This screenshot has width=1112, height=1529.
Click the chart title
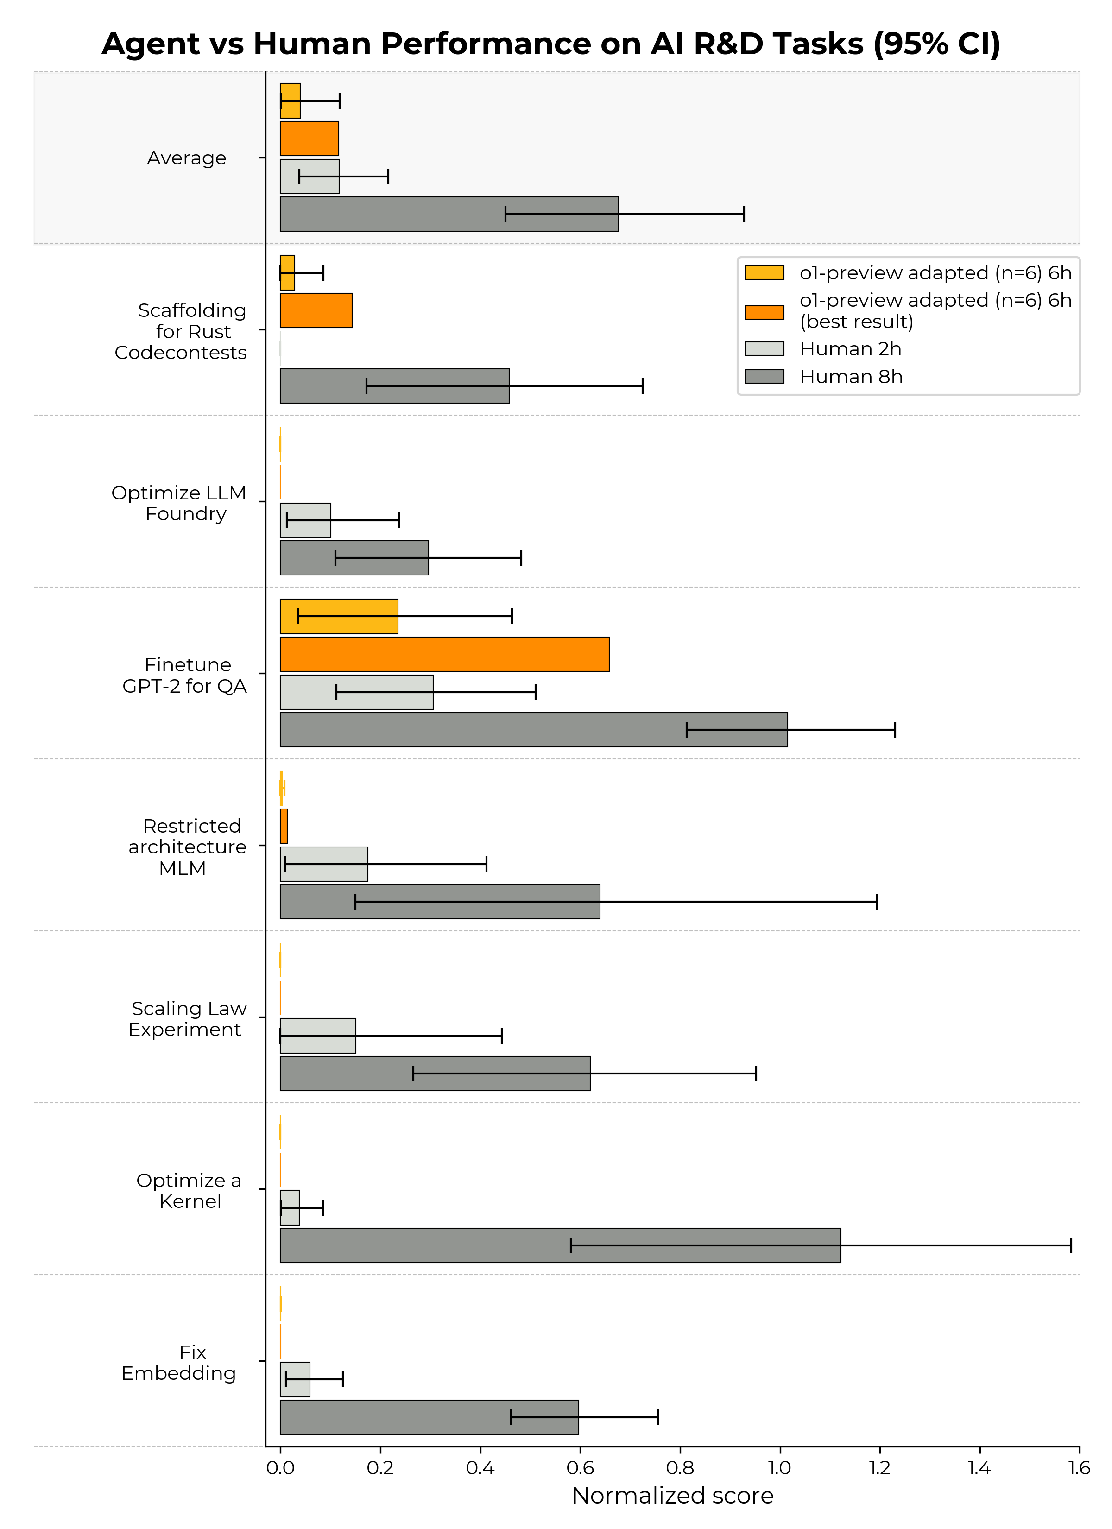(550, 44)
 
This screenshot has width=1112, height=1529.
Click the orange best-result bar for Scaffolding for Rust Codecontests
(316, 310)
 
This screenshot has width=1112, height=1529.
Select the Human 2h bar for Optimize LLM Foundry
(305, 520)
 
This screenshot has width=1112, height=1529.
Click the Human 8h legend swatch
(764, 376)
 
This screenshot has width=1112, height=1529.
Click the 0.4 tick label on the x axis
(480, 1468)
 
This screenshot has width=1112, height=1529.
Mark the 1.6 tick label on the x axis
(1079, 1468)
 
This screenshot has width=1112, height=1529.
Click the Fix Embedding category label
(179, 1363)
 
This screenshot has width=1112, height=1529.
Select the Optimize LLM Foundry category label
(179, 503)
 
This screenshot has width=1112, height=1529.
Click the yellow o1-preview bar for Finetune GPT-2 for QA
(339, 616)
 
